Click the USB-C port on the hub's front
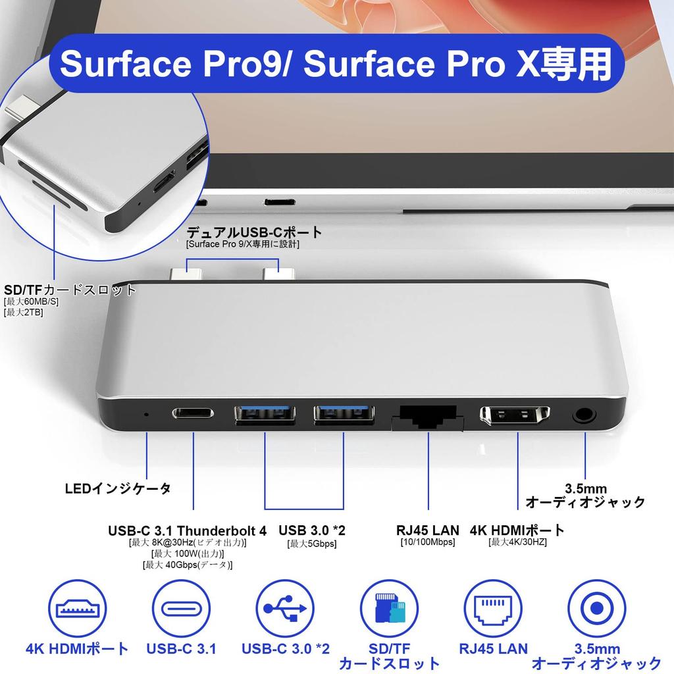click(194, 414)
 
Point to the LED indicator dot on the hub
click(145, 415)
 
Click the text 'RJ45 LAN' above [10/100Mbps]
click(428, 530)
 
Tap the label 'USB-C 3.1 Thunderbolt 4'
click(187, 531)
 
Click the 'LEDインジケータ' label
click(118, 488)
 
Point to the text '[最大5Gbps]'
click(311, 543)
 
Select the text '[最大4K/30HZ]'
click(517, 542)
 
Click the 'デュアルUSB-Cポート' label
click(255, 232)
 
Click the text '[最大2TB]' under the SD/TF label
click(24, 312)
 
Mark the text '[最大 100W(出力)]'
click(187, 554)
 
